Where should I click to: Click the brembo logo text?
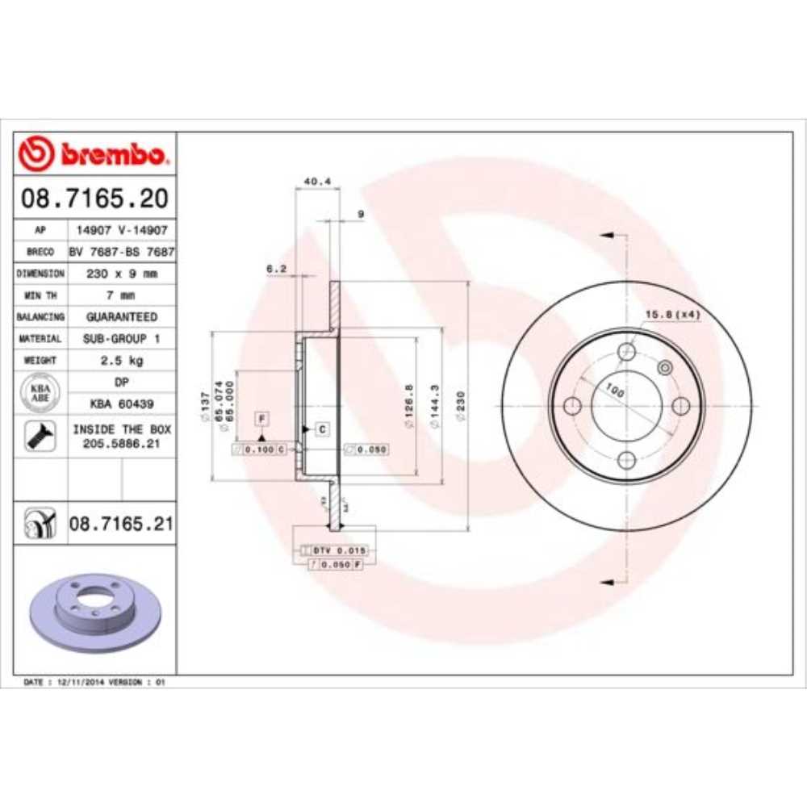click(x=112, y=153)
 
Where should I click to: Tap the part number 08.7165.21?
click(x=121, y=525)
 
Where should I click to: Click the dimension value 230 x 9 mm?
click(x=121, y=274)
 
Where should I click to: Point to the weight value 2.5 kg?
click(x=121, y=360)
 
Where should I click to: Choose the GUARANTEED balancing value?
click(x=121, y=317)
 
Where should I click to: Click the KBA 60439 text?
click(x=121, y=403)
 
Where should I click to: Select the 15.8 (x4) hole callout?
click(x=671, y=314)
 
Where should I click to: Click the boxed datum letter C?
click(x=321, y=429)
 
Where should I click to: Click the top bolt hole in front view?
click(x=627, y=352)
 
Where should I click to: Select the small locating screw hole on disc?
click(x=665, y=368)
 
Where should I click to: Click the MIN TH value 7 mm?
click(x=121, y=295)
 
